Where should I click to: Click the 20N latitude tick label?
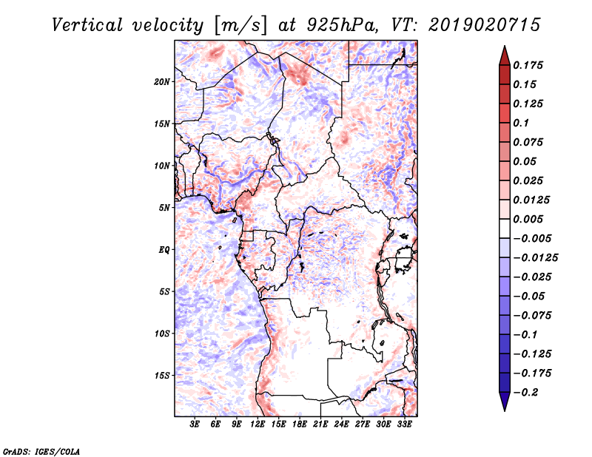162,81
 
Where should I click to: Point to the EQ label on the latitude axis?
164,249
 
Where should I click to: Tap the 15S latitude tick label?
162,375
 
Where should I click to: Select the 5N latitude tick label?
164,207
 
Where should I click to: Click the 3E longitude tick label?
195,424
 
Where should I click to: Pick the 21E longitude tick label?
320,424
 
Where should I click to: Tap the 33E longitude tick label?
404,424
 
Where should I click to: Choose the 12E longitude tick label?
258,424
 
